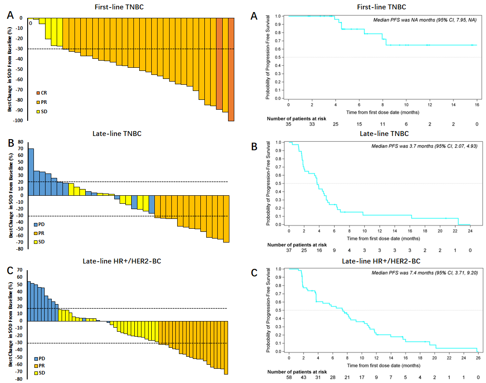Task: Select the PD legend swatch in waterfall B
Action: pos(37,224)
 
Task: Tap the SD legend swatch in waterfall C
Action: pos(37,373)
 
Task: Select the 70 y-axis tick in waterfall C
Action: pos(20,270)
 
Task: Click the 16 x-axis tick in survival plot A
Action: pos(477,105)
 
